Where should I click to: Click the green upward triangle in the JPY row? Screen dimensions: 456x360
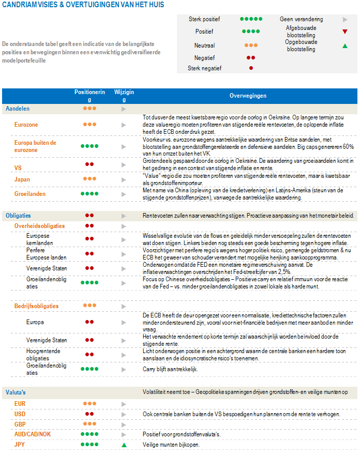coord(124,444)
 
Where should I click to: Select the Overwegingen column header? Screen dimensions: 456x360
coord(248,96)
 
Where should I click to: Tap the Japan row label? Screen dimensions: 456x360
coord(22,179)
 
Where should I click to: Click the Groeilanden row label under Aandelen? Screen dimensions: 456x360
coord(30,194)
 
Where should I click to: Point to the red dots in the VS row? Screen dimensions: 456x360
coord(89,164)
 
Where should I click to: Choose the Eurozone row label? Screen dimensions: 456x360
coord(26,125)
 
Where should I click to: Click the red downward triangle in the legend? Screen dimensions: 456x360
coord(344,32)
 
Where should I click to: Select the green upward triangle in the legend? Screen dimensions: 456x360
coord(344,46)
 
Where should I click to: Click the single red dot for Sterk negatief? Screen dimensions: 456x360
coord(251,68)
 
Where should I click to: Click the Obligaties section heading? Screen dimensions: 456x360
coord(18,215)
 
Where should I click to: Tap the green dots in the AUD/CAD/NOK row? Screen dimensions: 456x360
coord(89,434)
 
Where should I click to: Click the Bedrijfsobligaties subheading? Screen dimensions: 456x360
coord(36,306)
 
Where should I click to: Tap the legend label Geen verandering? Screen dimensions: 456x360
coord(301,19)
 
